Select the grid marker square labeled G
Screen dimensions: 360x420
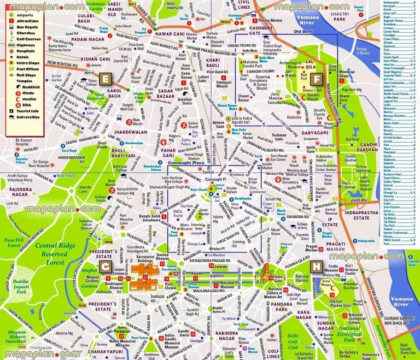click(105, 267)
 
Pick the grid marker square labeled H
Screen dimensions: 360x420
click(316, 267)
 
